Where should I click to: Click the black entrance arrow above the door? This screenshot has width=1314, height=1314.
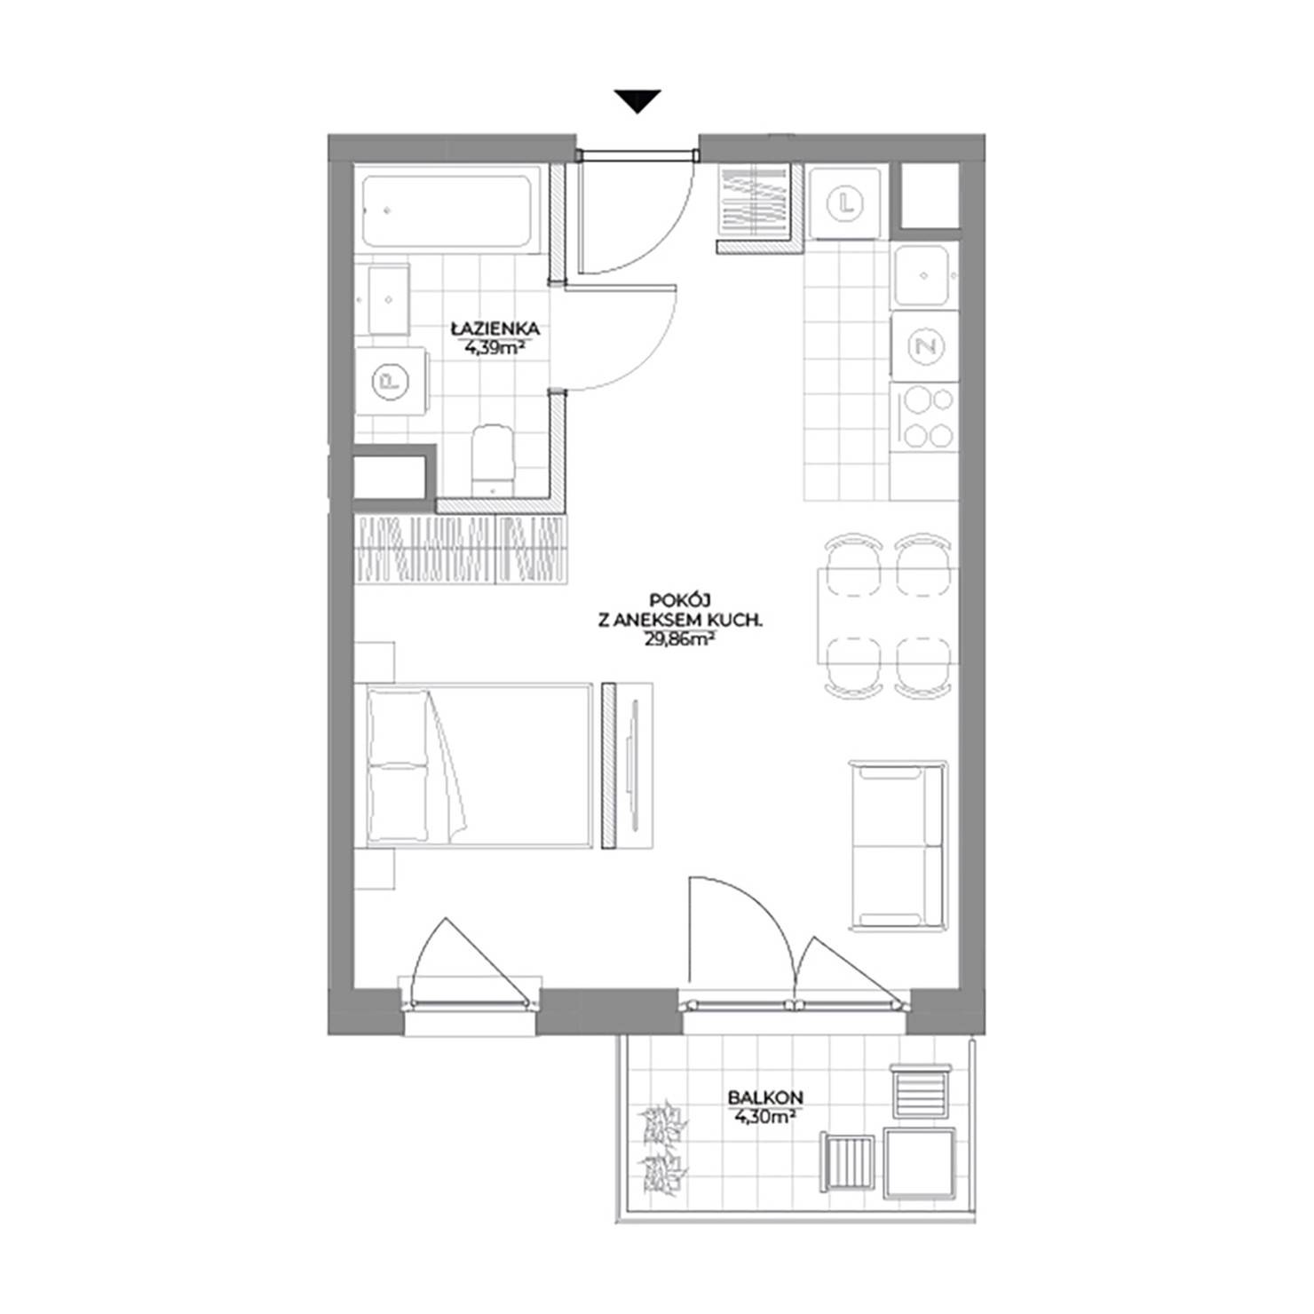pos(638,101)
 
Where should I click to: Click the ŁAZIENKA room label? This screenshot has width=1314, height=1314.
pos(495,329)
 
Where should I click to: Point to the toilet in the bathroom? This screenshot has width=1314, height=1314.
pos(493,459)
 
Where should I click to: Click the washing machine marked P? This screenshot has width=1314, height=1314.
pos(390,382)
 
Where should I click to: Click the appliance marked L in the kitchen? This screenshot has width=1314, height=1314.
pos(845,203)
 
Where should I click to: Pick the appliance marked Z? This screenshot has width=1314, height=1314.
pos(925,346)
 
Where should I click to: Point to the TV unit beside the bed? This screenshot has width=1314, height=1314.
pos(629,764)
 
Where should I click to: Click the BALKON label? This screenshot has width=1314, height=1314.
pos(753,1097)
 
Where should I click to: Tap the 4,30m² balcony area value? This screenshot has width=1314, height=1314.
pos(760,1116)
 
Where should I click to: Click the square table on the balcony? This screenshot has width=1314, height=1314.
pos(920,1162)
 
